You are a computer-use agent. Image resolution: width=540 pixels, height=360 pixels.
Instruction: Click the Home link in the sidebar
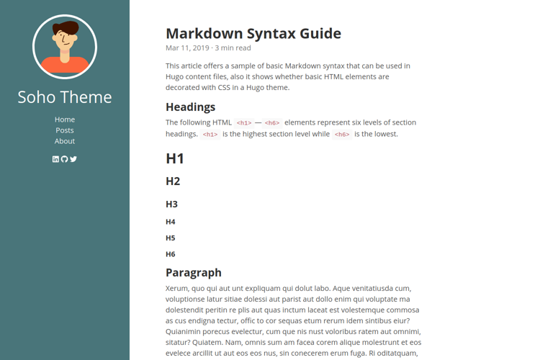pos(65,120)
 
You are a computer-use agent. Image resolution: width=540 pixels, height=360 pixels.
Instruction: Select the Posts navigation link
pos(65,130)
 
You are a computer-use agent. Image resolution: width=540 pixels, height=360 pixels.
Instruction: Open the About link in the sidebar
pos(65,141)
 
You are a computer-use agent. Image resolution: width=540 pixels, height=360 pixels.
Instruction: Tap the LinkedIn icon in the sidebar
pos(56,159)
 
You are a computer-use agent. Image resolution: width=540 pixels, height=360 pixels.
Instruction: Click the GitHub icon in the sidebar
pos(65,159)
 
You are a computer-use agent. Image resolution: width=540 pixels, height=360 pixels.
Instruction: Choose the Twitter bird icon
pos(73,159)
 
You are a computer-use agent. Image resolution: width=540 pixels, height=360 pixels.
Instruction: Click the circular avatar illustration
pos(65,47)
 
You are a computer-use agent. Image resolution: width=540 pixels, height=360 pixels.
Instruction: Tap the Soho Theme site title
pos(65,97)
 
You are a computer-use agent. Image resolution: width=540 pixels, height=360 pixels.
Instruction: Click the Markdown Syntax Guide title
pos(253,33)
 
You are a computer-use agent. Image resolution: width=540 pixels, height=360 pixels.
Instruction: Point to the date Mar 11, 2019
pos(187,48)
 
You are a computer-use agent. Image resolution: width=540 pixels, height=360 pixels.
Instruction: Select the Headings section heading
pos(191,107)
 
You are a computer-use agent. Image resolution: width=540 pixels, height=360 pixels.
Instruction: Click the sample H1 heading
pos(175,158)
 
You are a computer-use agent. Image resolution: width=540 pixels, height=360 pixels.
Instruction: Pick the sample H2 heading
pos(173,181)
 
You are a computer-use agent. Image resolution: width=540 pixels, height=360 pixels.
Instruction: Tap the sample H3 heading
pos(171,204)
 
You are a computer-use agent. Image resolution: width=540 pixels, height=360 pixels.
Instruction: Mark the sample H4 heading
pos(171,222)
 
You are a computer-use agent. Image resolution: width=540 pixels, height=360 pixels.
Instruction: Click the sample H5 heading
pos(171,238)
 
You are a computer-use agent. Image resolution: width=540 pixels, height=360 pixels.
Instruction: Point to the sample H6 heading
pos(171,254)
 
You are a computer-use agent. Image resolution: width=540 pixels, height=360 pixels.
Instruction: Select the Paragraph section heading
pos(194,272)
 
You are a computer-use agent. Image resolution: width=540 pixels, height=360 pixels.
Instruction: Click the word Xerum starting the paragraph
pos(177,288)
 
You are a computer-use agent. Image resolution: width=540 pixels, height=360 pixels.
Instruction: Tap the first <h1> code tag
pos(244,123)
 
